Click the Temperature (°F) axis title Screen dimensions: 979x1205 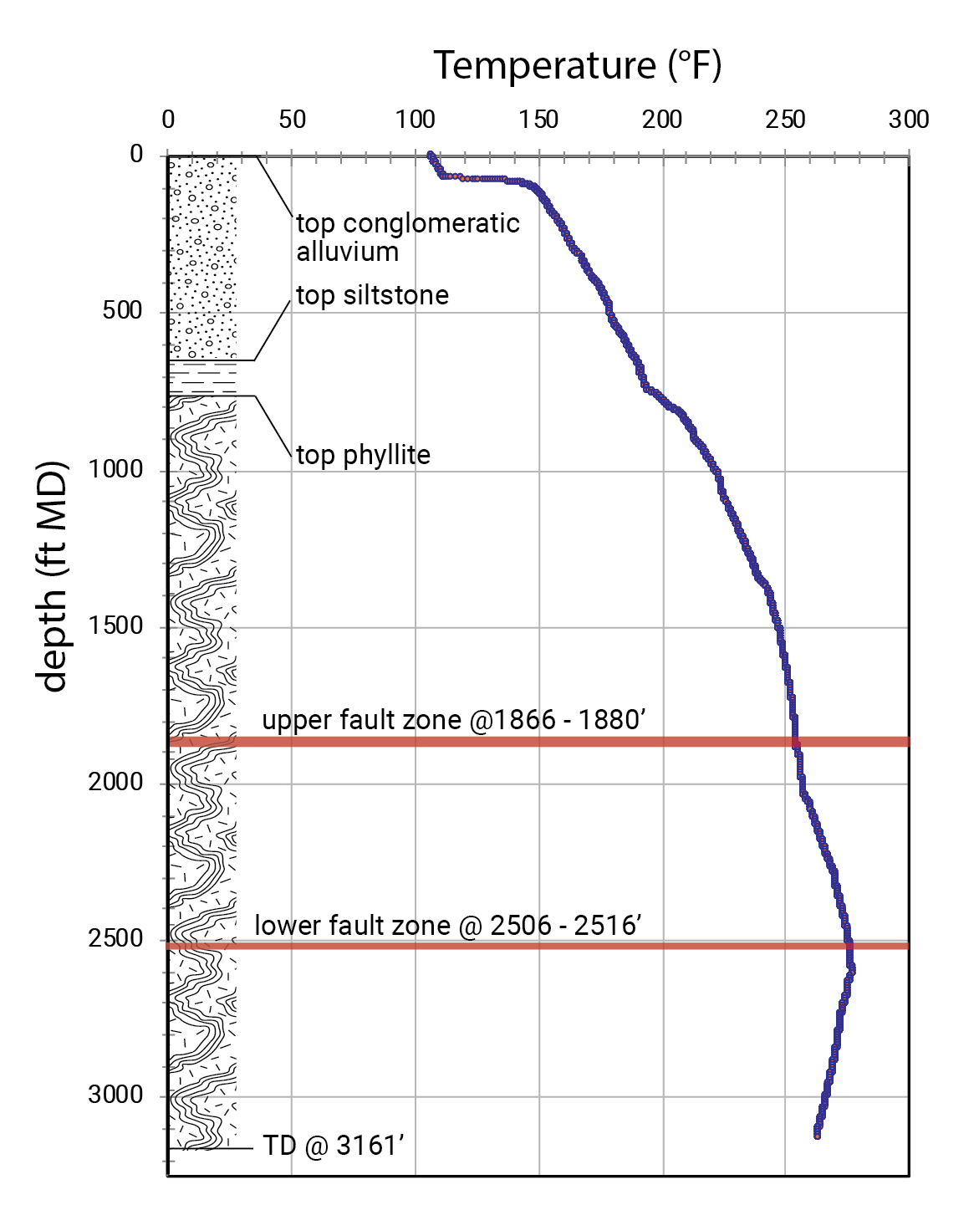point(578,66)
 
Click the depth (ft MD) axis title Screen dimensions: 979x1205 point(52,576)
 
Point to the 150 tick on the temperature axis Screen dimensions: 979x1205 point(538,120)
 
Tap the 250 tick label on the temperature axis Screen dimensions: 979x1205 point(785,120)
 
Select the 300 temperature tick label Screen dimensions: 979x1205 point(908,120)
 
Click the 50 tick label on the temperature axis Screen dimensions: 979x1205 point(292,120)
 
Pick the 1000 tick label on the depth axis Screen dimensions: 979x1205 point(116,469)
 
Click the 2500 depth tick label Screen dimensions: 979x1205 point(116,938)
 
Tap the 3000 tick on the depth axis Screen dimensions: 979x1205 point(116,1095)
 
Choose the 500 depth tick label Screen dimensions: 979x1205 point(123,310)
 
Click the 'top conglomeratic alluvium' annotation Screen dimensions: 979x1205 point(408,237)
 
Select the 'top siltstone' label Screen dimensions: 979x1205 point(372,295)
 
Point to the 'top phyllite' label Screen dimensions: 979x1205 point(363,456)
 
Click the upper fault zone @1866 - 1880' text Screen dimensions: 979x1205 point(454,720)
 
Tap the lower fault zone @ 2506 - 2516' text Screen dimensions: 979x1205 point(448,926)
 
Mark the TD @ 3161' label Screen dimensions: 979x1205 point(334,1146)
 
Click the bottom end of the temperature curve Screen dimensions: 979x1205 point(817,1136)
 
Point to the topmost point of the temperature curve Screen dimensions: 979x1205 point(431,155)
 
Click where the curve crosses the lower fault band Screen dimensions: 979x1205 point(849,945)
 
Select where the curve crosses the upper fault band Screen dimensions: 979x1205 point(795,742)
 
